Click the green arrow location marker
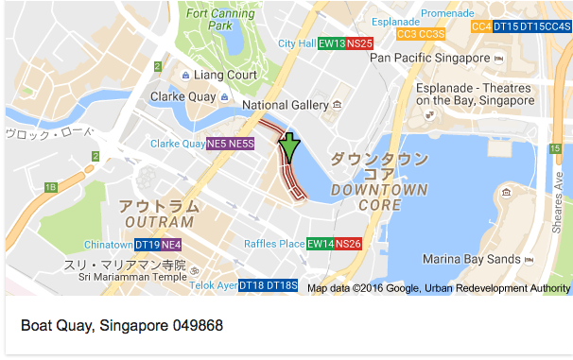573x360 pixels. [289, 148]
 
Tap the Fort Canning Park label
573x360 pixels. [209, 19]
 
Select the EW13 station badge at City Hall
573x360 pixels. [331, 43]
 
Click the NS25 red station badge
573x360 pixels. [359, 43]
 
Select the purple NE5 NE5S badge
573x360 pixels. [230, 144]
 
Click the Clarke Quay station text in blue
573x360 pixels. [178, 144]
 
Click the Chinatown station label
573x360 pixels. [108, 245]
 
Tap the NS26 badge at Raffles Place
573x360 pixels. [348, 244]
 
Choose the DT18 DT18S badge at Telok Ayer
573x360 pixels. [268, 285]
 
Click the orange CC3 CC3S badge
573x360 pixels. [421, 34]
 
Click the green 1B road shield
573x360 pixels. [50, 188]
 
